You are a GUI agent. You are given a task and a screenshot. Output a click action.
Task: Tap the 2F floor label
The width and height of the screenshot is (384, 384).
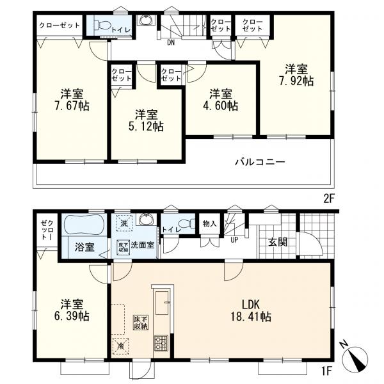[x=329, y=198]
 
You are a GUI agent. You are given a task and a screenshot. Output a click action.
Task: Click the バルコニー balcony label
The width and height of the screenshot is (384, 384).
[x=260, y=162]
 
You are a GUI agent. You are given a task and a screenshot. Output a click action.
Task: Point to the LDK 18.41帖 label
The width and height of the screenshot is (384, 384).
[x=251, y=310]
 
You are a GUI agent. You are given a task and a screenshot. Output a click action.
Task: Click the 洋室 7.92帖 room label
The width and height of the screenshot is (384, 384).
[x=296, y=75]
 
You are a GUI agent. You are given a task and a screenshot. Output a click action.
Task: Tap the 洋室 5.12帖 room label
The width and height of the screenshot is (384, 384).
[x=146, y=120]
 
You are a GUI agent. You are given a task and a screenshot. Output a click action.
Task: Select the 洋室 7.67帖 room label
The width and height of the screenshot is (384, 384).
[x=72, y=100]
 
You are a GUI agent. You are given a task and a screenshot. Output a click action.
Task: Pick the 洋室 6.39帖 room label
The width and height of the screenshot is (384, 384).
[x=72, y=310]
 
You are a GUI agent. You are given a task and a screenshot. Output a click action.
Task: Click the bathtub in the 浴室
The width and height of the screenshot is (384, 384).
[x=84, y=225]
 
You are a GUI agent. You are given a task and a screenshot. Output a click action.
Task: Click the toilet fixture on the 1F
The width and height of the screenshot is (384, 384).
[x=188, y=223]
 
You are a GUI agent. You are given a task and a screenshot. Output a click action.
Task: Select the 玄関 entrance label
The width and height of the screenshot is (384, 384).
[x=278, y=242]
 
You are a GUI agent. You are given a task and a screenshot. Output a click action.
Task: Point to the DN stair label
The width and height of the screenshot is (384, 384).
[x=171, y=43]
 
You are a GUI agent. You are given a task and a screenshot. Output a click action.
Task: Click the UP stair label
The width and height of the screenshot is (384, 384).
[x=234, y=240]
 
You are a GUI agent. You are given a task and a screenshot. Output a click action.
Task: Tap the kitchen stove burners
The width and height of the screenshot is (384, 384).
[x=161, y=343]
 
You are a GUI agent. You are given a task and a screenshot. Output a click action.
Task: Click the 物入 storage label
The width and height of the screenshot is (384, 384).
[x=210, y=223]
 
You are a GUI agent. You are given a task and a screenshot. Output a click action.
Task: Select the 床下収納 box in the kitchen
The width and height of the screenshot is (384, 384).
[x=141, y=323]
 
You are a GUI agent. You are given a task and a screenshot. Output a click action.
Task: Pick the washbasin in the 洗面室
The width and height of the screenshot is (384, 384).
[x=147, y=219]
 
